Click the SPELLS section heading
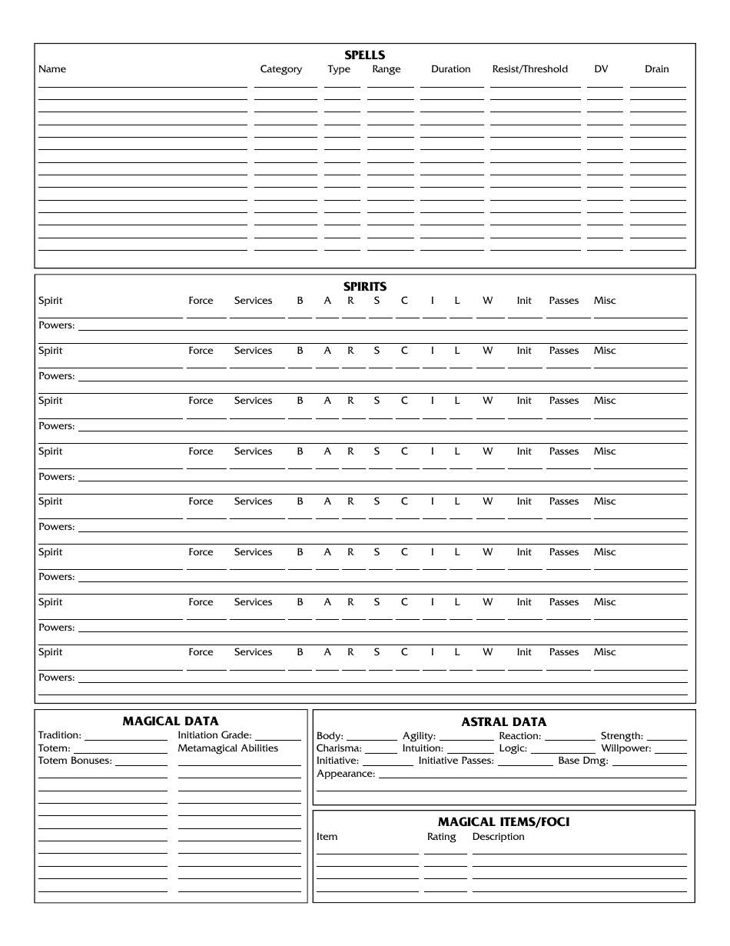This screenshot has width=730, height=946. (365, 55)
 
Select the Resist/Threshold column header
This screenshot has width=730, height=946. (529, 69)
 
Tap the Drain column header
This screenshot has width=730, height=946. (656, 69)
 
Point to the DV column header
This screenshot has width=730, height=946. (601, 69)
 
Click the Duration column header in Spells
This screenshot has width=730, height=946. (450, 69)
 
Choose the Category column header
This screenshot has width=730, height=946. (280, 69)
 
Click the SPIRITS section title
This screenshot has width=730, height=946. (365, 287)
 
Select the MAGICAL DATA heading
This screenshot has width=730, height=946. (171, 721)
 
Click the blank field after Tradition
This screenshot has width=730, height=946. (125, 736)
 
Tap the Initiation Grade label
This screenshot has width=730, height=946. (214, 735)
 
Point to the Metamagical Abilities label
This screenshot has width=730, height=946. (228, 748)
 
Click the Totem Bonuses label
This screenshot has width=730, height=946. (75, 761)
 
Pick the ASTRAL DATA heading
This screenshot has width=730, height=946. (504, 722)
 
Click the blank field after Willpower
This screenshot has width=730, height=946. (671, 750)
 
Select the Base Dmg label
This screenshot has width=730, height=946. (583, 761)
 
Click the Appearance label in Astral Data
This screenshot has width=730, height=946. (346, 774)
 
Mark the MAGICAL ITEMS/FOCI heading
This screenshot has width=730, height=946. (504, 822)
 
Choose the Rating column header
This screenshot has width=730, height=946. (441, 837)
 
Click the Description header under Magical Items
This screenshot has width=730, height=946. (498, 837)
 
